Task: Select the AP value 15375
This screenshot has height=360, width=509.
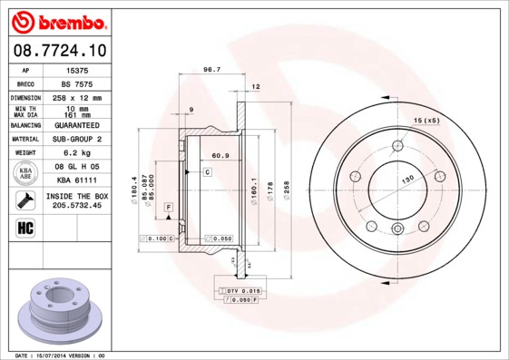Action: pos(76,69)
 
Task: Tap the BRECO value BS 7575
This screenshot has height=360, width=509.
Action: pos(76,83)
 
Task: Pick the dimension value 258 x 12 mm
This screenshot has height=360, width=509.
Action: pos(76,97)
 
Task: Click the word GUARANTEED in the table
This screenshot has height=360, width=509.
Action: pos(76,124)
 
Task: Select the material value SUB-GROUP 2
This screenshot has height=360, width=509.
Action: pos(76,139)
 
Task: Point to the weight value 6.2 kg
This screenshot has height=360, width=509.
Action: pos(76,153)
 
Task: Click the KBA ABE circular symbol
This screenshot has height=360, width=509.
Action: pos(25,174)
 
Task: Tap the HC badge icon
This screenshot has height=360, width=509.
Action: pos(25,228)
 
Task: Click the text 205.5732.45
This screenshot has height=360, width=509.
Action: pos(76,205)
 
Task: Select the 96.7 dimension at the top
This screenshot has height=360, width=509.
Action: pos(211,70)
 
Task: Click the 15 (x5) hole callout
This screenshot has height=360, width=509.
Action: pos(426,121)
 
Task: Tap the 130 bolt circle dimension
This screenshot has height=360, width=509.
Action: pos(407,179)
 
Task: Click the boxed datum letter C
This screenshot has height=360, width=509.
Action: pos(207,171)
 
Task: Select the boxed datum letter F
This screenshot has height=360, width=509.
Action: pos(169,208)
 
